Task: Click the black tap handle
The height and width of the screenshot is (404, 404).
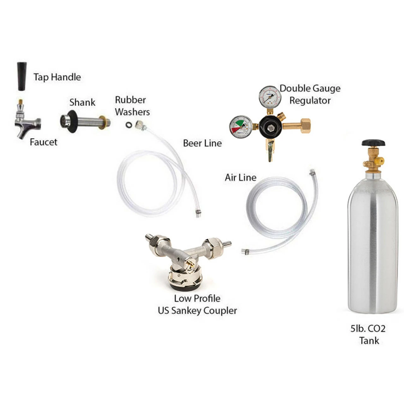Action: (x=22, y=76)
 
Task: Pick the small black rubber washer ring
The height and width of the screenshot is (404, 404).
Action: (x=128, y=125)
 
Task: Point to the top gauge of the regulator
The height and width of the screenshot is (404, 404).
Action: (x=270, y=97)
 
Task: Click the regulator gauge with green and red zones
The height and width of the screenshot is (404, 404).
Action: (x=241, y=127)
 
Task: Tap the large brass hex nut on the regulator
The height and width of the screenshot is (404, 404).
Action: (x=305, y=126)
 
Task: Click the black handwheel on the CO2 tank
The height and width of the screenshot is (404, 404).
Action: (x=373, y=143)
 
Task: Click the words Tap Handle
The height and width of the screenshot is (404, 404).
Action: (x=57, y=77)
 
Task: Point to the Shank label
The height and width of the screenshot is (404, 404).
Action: (x=82, y=103)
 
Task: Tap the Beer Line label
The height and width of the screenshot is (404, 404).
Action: (x=202, y=143)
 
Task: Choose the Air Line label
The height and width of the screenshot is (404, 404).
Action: (x=241, y=178)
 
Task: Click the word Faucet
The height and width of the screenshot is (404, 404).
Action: (x=43, y=142)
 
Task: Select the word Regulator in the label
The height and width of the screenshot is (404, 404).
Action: (x=310, y=101)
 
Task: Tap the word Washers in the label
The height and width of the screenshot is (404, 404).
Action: (x=132, y=112)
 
